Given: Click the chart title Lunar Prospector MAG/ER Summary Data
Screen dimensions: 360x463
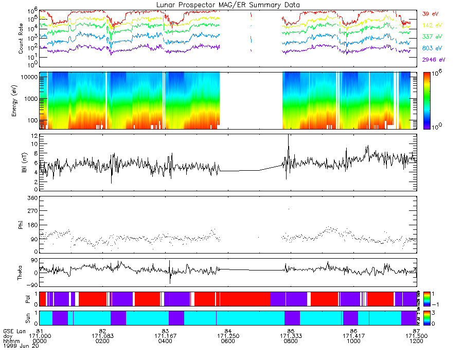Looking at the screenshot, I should pos(228,5).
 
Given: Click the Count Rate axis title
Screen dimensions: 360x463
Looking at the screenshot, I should pos(21,39).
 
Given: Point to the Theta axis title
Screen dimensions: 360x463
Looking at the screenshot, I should pos(21,273).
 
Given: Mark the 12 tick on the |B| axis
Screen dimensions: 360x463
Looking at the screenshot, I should pos(33,136).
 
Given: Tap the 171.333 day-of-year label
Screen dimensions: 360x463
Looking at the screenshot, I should pos(291,335).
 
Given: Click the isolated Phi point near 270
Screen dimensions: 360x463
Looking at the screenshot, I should pos(289,209).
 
